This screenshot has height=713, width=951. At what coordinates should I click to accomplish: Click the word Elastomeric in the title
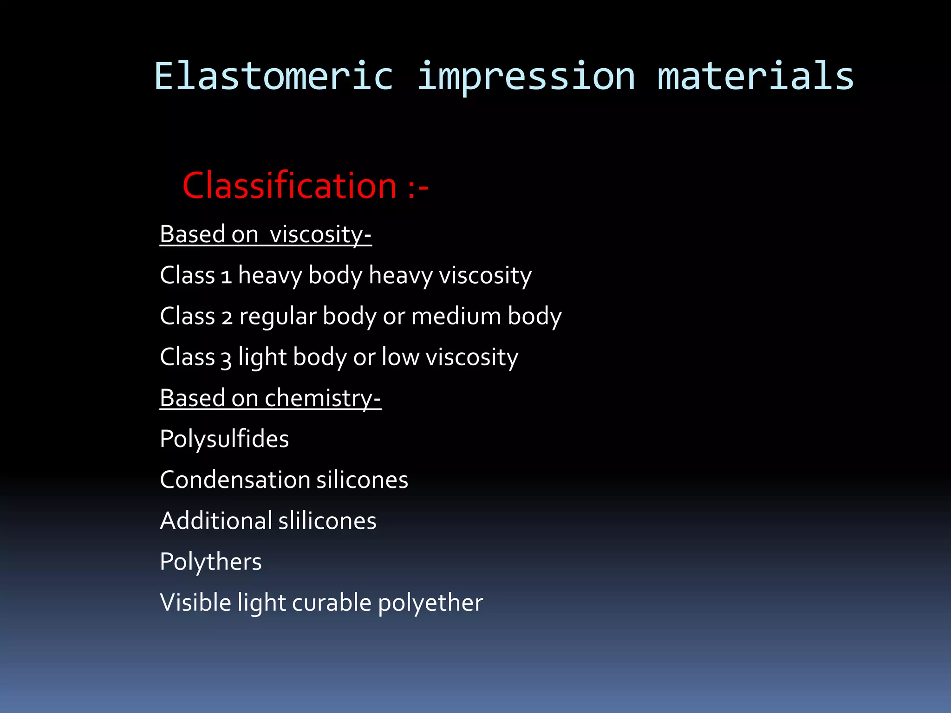click(x=274, y=77)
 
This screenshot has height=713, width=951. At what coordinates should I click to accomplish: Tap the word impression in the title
click(x=526, y=77)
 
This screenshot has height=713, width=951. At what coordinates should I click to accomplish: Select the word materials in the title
click(x=756, y=77)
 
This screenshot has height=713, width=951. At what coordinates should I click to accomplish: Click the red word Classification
click(x=290, y=186)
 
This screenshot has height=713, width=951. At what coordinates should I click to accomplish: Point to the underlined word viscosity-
click(x=320, y=234)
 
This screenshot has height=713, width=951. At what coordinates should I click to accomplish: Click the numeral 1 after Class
click(x=226, y=277)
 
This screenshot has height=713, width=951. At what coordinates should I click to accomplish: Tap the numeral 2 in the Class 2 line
click(x=227, y=318)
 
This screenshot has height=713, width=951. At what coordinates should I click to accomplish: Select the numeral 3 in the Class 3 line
click(x=226, y=359)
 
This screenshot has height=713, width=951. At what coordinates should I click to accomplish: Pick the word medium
click(x=456, y=316)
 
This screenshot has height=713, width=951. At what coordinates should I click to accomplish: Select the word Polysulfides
click(x=224, y=439)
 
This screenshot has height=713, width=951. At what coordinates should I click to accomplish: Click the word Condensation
click(x=234, y=480)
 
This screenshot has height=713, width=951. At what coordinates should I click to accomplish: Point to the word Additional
click(x=216, y=521)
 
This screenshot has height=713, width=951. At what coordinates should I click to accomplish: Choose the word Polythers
click(x=211, y=562)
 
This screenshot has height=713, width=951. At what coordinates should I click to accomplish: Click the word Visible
click(x=195, y=603)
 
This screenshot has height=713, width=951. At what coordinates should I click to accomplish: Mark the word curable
click(x=332, y=603)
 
